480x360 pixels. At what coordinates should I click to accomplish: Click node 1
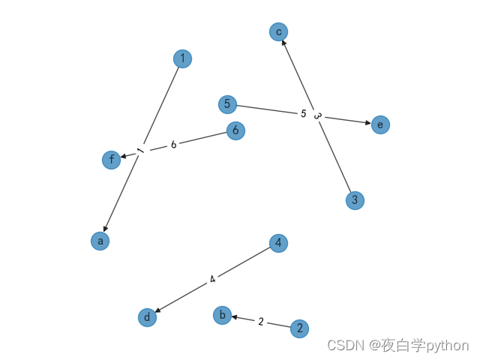coord(182,58)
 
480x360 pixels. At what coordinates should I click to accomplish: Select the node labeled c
coord(278,31)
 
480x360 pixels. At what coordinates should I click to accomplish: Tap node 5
coord(227,104)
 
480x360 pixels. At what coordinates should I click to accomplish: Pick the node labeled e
coord(380,124)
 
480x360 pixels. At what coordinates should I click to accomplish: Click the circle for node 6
coord(235,130)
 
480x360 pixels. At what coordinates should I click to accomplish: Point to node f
coord(112,160)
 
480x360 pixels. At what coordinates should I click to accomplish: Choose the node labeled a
coord(100,241)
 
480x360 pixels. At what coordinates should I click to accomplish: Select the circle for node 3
coord(355,200)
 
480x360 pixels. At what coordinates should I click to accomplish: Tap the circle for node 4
coord(278,243)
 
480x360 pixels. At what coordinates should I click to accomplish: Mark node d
coord(148,317)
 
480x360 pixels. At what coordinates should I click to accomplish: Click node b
coord(222,315)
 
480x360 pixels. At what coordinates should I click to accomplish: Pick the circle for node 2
coord(299,328)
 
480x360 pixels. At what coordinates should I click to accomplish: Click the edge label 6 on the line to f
coord(173,145)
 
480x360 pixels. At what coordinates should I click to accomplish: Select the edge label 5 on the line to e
coord(304,114)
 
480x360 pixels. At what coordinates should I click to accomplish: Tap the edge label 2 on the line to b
coord(261,322)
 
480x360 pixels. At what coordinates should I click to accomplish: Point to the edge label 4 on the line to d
coord(213,280)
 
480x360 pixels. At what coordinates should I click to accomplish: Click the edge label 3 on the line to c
coord(317,116)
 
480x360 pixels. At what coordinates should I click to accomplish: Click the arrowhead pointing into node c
coord(283,43)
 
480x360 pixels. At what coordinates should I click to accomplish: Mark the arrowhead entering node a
coord(106,229)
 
